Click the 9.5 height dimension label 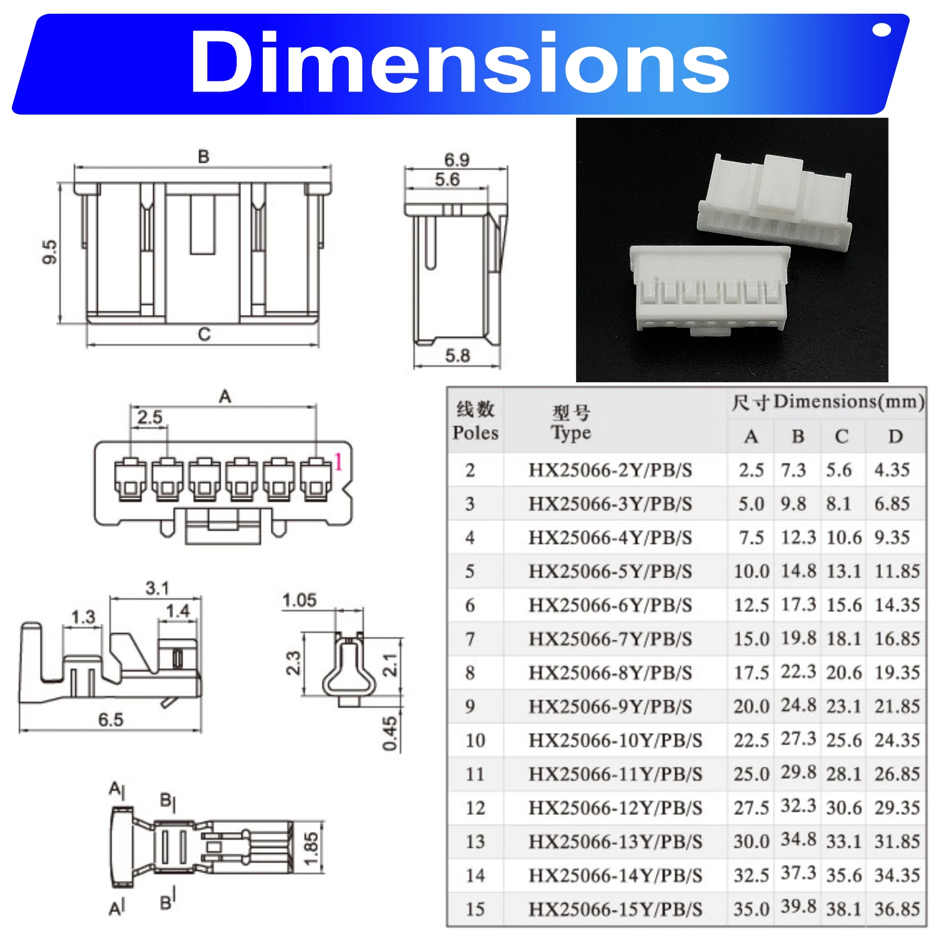50,252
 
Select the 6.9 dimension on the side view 456,159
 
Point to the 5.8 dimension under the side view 457,356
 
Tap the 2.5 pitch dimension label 149,417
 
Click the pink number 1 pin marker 338,462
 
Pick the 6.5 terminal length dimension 111,720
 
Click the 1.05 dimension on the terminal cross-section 300,600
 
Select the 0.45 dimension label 390,734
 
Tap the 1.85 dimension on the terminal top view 311,849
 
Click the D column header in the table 895,436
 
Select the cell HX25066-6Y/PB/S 610,605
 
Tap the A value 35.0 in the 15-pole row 751,909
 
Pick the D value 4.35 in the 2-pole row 892,470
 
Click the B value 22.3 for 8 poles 798,672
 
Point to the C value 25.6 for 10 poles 844,740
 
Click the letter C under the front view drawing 204,334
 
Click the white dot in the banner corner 882,30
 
